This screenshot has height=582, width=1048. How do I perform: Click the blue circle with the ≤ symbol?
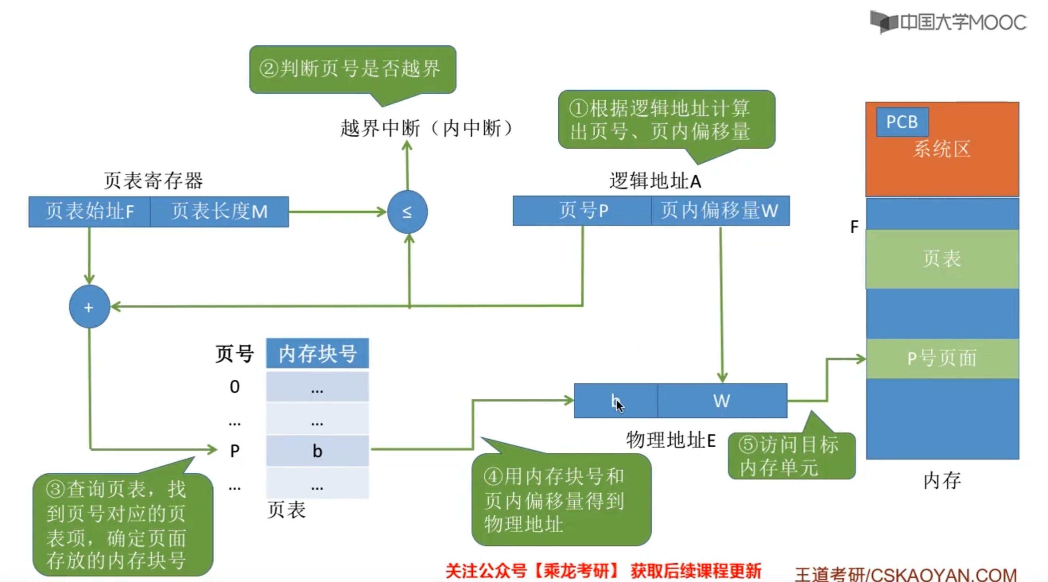tap(407, 211)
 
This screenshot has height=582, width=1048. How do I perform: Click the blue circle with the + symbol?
tap(89, 307)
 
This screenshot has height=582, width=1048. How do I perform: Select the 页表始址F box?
tap(89, 211)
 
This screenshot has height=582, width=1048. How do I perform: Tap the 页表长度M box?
tap(219, 211)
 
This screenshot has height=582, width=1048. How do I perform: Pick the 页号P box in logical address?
tap(582, 211)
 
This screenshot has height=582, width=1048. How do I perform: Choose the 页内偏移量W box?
tap(720, 211)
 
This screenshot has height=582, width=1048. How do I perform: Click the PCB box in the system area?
tap(902, 122)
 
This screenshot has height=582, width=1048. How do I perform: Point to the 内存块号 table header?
tap(317, 353)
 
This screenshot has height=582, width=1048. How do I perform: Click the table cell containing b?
tap(317, 451)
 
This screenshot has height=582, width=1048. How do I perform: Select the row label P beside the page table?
tap(235, 451)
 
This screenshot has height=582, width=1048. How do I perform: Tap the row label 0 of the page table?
tap(235, 387)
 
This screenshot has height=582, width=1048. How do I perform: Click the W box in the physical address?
tap(722, 401)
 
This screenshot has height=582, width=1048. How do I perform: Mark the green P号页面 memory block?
tap(942, 358)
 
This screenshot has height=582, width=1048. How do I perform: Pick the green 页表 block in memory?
tap(942, 259)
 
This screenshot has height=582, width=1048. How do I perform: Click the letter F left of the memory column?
tap(854, 227)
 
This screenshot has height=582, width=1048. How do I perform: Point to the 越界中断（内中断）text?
tap(426, 128)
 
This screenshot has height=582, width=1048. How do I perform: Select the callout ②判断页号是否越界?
tap(352, 69)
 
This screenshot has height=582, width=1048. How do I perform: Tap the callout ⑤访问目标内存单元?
tap(791, 456)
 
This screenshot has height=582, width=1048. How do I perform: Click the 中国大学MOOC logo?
tap(948, 22)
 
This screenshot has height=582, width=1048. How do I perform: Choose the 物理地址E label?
tap(670, 440)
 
